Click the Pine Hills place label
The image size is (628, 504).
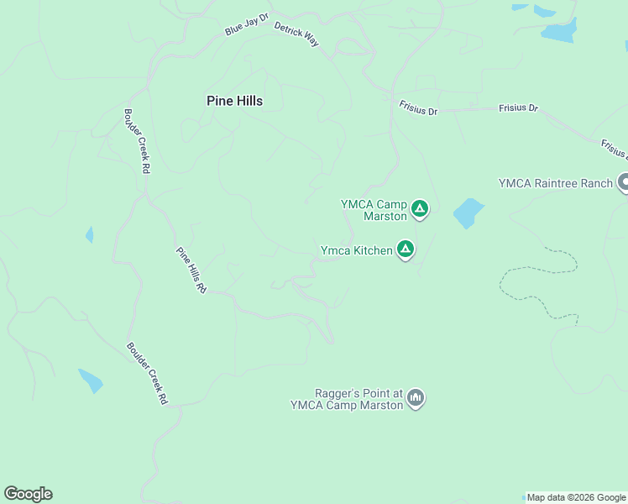pos(234,101)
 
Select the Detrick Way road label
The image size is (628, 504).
pos(296,34)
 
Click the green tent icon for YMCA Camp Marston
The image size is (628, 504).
pos(420,208)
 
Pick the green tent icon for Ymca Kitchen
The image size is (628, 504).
pos(406,249)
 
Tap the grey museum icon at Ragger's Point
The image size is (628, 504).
pos(416,397)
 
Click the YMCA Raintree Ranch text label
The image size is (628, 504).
pos(556,183)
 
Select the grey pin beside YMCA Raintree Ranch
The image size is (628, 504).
pos(624,181)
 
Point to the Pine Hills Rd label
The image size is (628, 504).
pos(191,269)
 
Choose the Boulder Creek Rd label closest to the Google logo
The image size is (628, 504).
pos(147,374)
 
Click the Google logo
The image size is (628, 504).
pos(28,494)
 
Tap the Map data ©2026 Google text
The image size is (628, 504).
pos(576,497)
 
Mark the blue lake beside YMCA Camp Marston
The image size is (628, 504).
pos(468,213)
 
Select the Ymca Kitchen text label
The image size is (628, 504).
pos(356,250)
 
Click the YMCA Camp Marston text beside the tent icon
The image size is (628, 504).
pos(374,210)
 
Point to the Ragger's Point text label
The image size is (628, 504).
pos(347,398)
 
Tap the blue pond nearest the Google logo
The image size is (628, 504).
pos(90,381)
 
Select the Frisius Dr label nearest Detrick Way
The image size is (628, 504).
pos(417,109)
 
